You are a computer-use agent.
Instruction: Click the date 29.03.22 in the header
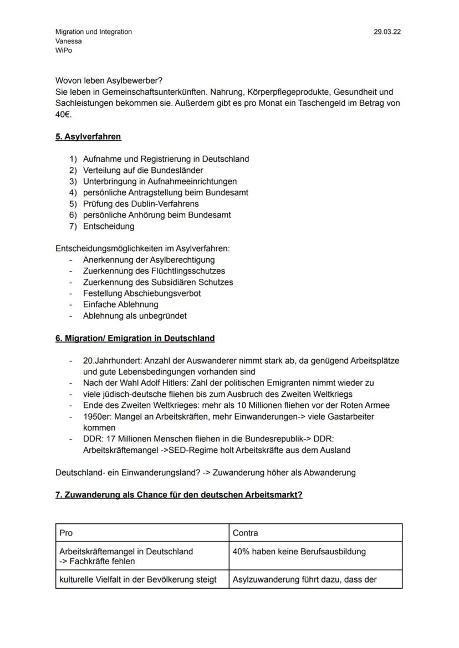click(x=387, y=32)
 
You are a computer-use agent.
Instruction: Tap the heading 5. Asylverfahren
click(x=88, y=136)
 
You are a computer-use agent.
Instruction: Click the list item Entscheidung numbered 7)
click(x=109, y=226)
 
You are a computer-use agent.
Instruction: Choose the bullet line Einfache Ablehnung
click(x=120, y=304)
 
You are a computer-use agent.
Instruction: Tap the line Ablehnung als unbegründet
click(x=135, y=316)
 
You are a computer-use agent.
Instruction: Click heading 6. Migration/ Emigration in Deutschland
click(x=135, y=338)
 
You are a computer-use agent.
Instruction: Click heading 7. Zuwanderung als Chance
click(x=178, y=495)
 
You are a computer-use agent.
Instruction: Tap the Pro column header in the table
click(x=66, y=533)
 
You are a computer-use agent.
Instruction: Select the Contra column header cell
click(x=245, y=533)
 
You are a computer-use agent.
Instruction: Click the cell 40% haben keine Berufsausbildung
click(x=299, y=552)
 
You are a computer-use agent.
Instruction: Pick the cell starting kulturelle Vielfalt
click(x=141, y=580)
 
